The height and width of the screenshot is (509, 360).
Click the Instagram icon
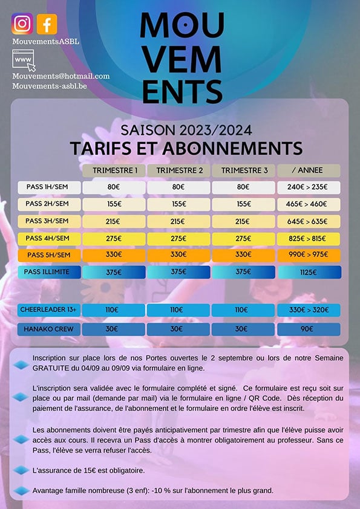22,24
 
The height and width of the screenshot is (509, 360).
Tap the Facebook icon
47,24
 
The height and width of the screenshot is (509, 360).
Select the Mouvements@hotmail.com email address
61,76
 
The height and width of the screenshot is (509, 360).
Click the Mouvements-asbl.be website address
50,86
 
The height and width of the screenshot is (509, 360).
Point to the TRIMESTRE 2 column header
178,170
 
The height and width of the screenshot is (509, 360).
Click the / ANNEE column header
309,170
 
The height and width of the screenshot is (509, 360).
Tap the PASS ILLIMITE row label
48,272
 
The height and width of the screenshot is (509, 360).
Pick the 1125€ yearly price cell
309,272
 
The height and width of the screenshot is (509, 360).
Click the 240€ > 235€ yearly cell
309,187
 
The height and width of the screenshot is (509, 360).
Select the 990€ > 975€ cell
309,255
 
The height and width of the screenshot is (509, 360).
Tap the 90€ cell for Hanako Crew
309,329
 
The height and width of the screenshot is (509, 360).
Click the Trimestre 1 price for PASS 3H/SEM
114,221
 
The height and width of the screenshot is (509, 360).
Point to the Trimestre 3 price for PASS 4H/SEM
243,238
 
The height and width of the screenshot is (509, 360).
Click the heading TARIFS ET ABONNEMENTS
186,148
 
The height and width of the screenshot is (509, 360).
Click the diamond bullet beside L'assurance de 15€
21,470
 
